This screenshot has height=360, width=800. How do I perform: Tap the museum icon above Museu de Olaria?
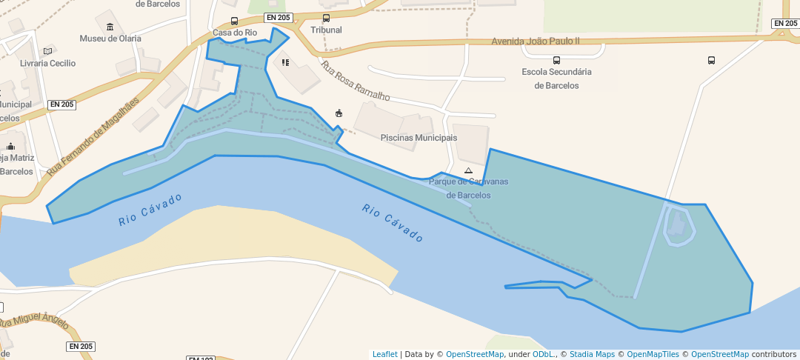coord(110,27)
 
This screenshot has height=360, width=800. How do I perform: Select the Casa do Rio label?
coord(234,33)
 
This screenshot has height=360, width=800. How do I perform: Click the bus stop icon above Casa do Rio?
coord(235,21)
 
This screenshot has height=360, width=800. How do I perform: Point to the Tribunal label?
coord(326,30)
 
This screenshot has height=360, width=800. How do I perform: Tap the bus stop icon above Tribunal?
coord(327,18)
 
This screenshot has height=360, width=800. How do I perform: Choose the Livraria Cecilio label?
coord(48,63)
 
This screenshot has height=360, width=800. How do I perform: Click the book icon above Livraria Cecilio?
coord(48,51)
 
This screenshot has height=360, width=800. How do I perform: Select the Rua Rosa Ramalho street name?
coord(355,81)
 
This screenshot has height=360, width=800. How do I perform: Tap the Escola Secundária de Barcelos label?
coord(556,79)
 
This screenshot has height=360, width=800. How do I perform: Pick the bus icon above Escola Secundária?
coord(556,60)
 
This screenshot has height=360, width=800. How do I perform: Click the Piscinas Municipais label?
coord(419,138)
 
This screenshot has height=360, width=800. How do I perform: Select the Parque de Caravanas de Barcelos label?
coord(468,188)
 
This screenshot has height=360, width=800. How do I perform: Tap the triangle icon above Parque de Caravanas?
coord(468,170)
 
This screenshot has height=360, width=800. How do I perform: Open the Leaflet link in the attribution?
coord(384,354)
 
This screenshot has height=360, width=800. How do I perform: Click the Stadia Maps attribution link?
coord(592,354)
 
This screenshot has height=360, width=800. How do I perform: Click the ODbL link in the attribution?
coord(544,354)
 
